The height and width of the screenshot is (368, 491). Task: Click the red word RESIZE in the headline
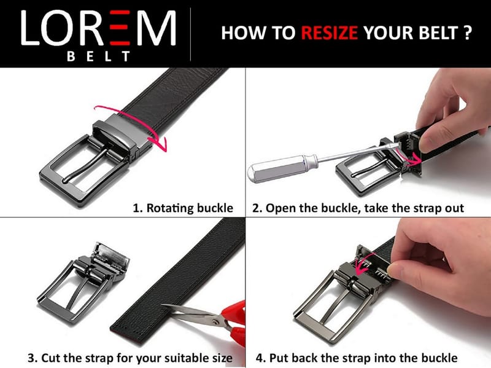[329, 33]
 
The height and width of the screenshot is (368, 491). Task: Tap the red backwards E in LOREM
[120, 28]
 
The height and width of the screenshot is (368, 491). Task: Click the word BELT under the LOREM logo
[98, 57]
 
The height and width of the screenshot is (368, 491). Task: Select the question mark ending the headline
[468, 33]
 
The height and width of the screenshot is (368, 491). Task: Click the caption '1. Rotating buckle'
[183, 208]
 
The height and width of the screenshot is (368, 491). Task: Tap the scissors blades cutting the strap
[191, 313]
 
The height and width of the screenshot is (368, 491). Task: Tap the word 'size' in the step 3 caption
[221, 358]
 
